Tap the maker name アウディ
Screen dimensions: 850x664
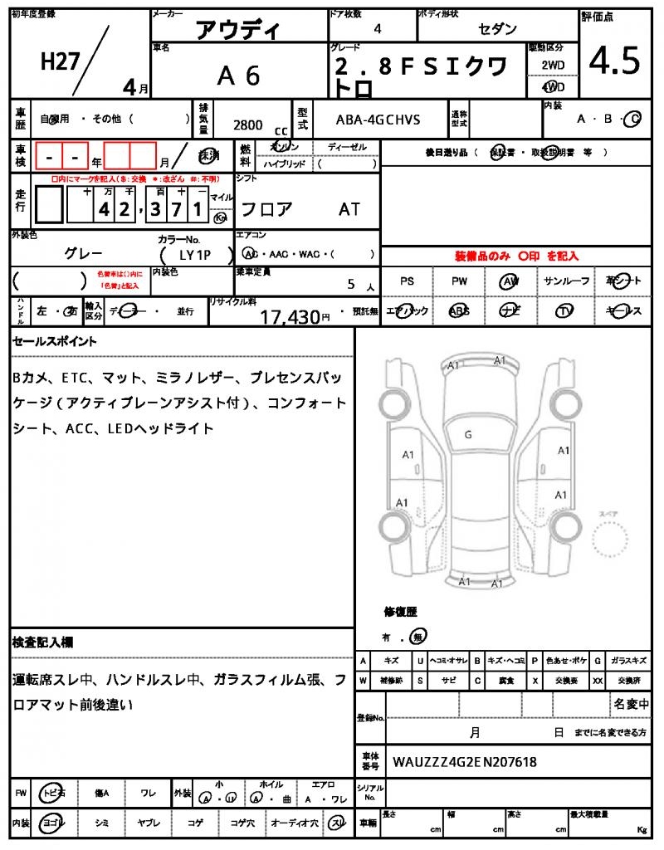tap(238, 30)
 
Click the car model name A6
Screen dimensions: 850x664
tap(239, 76)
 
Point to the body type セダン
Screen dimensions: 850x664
tap(497, 29)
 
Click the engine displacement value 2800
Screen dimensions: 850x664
tap(248, 125)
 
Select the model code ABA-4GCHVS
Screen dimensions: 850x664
tap(378, 120)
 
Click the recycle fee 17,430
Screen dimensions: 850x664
tap(290, 316)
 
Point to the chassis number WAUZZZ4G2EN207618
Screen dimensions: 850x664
tap(464, 761)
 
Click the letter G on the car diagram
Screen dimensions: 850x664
tap(468, 434)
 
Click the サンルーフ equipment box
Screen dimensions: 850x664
tap(567, 281)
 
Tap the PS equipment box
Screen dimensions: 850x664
tap(407, 281)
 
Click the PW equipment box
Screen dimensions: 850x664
tap(460, 281)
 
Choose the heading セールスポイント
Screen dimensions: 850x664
tap(55, 341)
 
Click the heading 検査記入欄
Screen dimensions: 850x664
tap(42, 642)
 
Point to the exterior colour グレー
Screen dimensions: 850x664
tap(83, 253)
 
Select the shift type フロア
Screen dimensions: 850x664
tap(266, 209)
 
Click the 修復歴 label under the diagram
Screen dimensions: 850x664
tap(401, 612)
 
